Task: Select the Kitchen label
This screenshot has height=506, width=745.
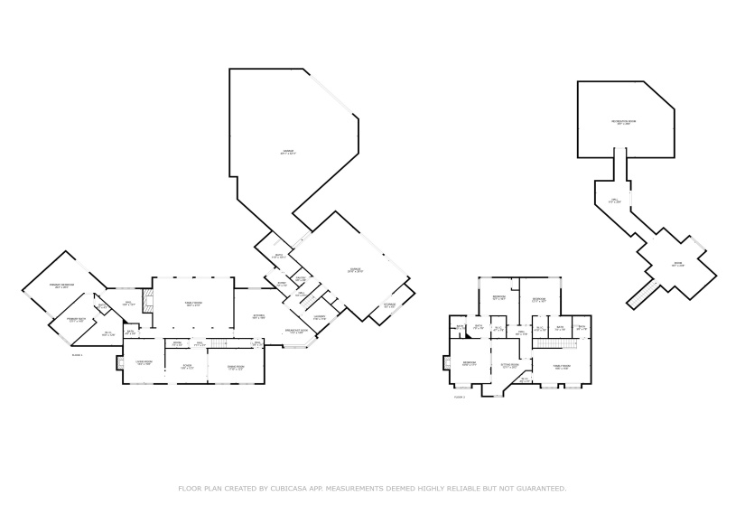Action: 258,316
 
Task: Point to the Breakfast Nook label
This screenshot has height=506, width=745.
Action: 296,332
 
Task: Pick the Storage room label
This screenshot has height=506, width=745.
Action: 388,305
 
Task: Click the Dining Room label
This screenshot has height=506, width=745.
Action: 237,367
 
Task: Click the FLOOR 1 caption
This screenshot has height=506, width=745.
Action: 77,355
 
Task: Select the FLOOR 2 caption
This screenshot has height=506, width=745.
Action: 459,397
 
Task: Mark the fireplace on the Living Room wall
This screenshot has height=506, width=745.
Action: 117,363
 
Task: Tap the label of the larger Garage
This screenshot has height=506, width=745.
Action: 287,152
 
